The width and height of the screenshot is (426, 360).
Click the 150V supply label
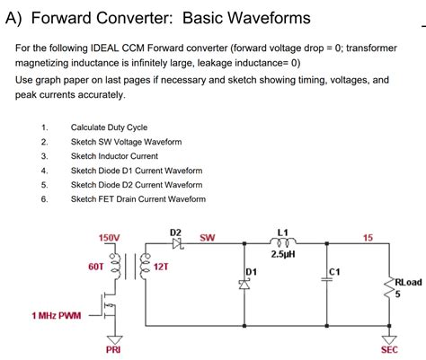(109, 238)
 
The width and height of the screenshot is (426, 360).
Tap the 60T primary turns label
(96, 267)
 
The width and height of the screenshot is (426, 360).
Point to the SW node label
(207, 238)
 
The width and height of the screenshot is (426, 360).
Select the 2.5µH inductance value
(284, 254)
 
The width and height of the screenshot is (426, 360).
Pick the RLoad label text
(408, 281)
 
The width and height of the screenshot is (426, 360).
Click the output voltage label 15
(368, 237)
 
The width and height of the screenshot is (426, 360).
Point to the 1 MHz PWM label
(56, 316)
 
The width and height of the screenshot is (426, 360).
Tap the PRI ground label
(113, 349)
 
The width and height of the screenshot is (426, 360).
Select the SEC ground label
(390, 349)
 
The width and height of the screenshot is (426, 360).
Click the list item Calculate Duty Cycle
(109, 127)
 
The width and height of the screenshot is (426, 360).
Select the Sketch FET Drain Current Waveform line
(138, 199)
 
